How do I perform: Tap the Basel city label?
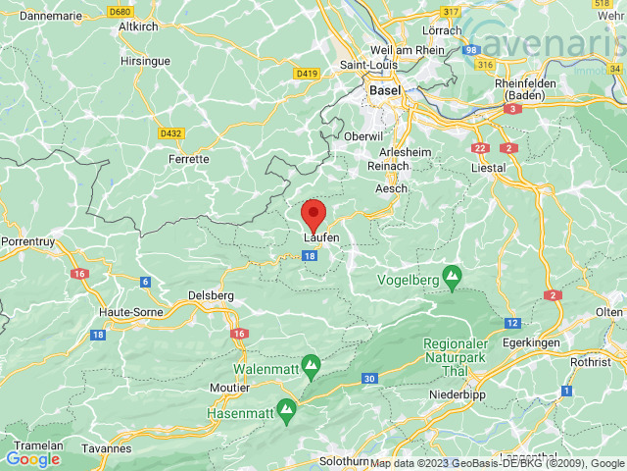[384, 90]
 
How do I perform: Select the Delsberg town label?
[212, 294]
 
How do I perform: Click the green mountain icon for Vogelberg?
[452, 279]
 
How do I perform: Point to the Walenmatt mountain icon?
[311, 368]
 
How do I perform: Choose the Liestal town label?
[488, 168]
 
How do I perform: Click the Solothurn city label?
[344, 460]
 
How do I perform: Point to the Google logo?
[33, 458]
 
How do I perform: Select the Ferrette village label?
[188, 158]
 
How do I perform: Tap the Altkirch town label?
[139, 26]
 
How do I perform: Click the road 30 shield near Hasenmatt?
[368, 379]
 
